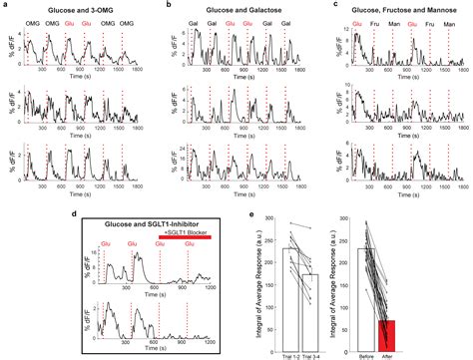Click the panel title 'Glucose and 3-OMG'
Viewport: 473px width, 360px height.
coord(72,7)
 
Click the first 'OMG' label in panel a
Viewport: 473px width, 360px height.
coord(34,17)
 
